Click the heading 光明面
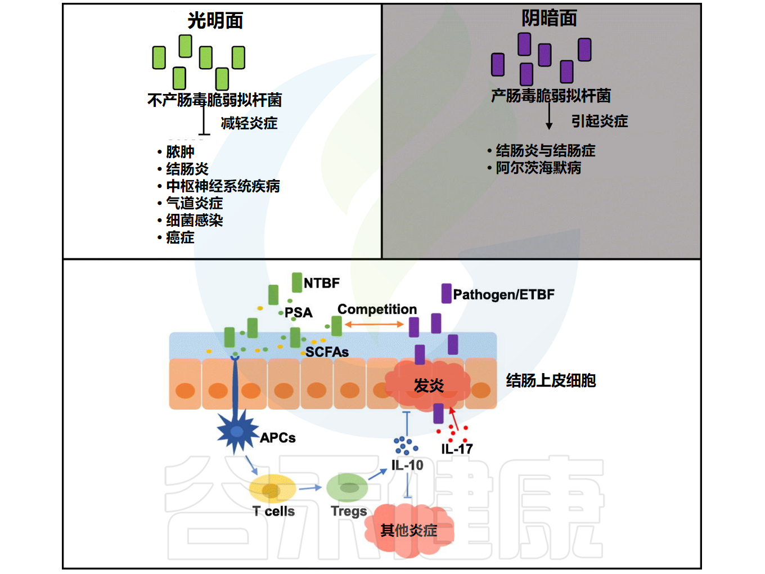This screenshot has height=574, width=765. pos(215,21)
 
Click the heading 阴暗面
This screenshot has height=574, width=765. pos(549,19)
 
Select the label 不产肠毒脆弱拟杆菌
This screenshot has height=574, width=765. pos(214,100)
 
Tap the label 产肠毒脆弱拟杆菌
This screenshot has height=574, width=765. pos(551,96)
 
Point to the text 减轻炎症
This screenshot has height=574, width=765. pos(249,123)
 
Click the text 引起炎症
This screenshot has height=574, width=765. pos(599,121)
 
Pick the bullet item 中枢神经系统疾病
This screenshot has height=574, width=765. pos(223,186)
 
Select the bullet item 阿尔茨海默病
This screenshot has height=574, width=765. pos(538,168)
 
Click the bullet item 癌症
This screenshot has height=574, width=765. pos(180,237)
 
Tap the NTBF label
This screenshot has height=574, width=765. pos(321,283)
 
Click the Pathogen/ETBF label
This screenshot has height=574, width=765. pos(503,294)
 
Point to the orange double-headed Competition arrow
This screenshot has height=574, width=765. pos(374,324)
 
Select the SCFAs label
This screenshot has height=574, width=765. pos(327,352)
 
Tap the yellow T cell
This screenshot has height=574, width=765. pos(272,488)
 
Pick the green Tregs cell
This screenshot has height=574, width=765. pos(348,487)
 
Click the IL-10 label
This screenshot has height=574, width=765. pos(407,465)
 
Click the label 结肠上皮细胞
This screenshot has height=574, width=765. pos(551,380)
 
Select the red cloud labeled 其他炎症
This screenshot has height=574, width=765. pos(409,530)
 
